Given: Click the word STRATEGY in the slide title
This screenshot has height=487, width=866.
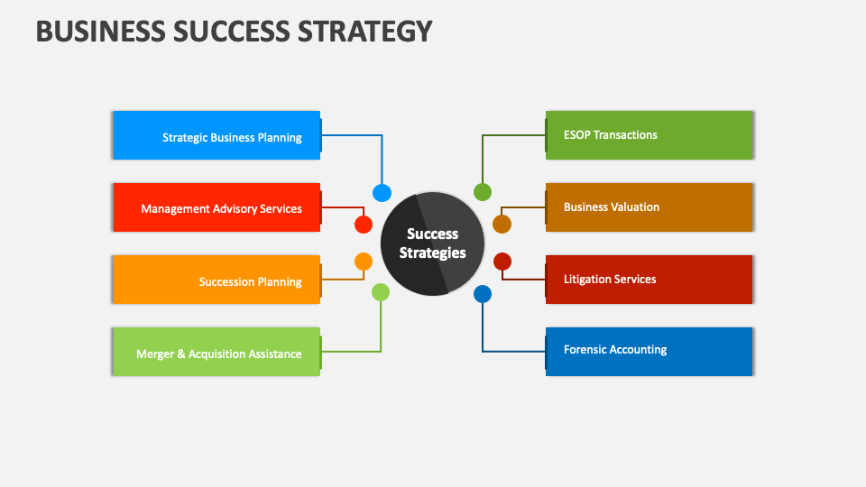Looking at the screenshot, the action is [365, 31].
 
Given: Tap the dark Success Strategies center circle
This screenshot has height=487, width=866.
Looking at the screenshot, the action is [432, 243].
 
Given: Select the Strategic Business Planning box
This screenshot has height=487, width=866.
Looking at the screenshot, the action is [216, 135].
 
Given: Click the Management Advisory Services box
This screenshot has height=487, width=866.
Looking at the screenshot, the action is [216, 207].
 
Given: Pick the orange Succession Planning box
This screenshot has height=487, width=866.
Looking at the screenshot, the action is [216, 280].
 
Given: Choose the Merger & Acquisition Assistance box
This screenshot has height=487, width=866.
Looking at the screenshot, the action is [216, 352].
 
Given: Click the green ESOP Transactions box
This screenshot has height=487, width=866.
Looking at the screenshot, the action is [649, 135].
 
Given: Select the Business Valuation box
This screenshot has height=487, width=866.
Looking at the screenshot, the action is [649, 207].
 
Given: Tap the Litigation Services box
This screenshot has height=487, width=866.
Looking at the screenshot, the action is [649, 280].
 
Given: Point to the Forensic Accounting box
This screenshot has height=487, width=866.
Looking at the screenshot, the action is [649, 352].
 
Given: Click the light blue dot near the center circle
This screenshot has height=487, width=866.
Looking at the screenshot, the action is [382, 193].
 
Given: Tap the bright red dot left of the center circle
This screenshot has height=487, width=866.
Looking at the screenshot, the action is [364, 225].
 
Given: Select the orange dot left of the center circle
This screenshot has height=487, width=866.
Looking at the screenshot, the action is [364, 262].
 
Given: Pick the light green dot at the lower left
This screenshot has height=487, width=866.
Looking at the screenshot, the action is [381, 292].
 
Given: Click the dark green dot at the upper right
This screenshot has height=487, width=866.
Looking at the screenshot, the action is [483, 192].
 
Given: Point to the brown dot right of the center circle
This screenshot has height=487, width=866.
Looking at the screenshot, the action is [502, 225].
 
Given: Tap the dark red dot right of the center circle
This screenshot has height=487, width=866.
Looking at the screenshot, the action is [502, 262].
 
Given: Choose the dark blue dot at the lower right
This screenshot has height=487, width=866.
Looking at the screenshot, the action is [483, 294].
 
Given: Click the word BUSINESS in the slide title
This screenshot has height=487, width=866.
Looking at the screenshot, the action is [100, 31].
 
